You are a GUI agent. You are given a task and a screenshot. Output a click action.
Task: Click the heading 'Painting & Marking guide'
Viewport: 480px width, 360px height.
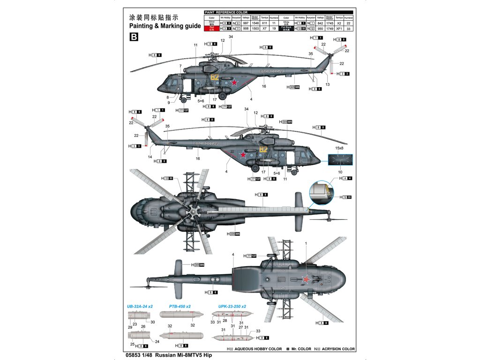click(x=161, y=26)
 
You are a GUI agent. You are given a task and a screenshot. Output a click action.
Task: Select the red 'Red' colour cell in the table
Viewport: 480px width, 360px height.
click(x=212, y=29)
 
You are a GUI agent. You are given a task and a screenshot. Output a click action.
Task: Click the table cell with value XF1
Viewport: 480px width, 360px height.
click(x=337, y=29)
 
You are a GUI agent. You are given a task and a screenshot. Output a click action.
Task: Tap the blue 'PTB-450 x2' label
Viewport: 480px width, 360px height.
click(x=180, y=306)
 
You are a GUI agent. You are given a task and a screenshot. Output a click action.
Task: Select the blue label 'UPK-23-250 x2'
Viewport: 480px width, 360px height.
click(x=232, y=306)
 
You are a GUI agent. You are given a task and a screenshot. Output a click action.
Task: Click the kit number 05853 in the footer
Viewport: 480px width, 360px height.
click(x=137, y=355)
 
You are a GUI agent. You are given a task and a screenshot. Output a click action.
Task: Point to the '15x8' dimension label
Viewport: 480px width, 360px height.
click(x=339, y=148)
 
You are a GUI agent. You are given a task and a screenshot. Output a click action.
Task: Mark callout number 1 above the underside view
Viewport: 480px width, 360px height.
click(x=306, y=243)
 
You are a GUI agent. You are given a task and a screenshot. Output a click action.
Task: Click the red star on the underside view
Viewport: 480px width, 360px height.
click(x=306, y=280)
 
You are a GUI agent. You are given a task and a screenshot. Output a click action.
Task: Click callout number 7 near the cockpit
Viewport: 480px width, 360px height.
click(x=180, y=66)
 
